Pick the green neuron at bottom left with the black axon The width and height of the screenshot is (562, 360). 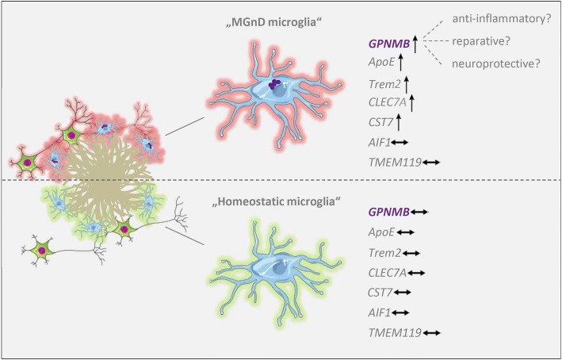tap(43, 251)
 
